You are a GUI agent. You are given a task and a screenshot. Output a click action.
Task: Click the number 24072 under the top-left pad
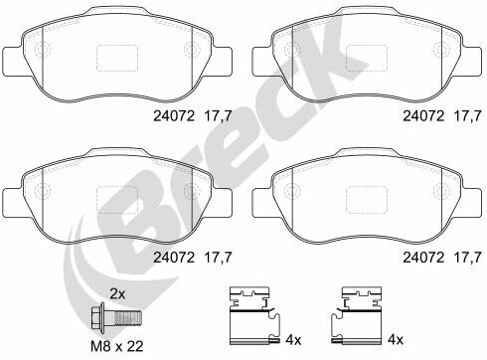[x=174, y=116]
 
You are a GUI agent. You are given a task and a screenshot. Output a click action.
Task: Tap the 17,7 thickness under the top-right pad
[x=467, y=116]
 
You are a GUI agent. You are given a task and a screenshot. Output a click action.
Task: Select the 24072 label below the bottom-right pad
[x=423, y=258]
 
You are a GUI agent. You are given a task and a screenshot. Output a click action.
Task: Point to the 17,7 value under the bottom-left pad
[x=218, y=258]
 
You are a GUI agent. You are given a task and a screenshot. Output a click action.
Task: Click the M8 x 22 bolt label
[x=117, y=346]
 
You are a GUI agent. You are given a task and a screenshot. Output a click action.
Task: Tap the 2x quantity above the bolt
[x=117, y=293]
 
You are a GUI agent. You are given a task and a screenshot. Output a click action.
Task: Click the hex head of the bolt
[x=97, y=316]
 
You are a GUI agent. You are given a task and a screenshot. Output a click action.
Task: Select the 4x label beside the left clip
[x=293, y=340]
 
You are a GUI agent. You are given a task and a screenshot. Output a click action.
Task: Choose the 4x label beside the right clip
[x=396, y=340]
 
